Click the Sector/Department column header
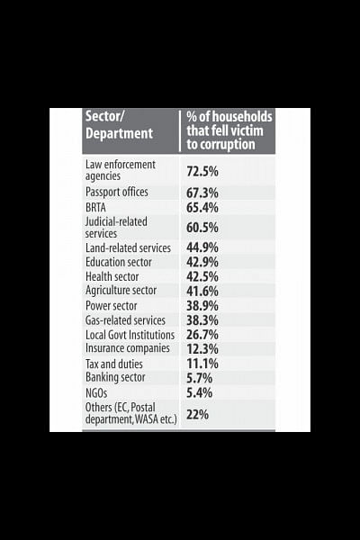[119, 125]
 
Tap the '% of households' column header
[229, 130]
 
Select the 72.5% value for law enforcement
[202, 171]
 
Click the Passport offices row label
[117, 192]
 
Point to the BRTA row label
[95, 208]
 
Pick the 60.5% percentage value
[202, 228]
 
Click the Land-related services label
[128, 248]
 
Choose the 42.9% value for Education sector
[202, 262]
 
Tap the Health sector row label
[112, 276]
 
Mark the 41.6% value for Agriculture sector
[202, 291]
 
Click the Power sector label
[112, 305]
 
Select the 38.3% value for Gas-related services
[202, 320]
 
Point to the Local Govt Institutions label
[130, 335]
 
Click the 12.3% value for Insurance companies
[202, 349]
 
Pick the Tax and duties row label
[114, 364]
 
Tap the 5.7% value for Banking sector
[199, 378]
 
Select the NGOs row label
[96, 392]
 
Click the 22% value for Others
[197, 414]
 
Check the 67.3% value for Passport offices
[202, 193]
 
